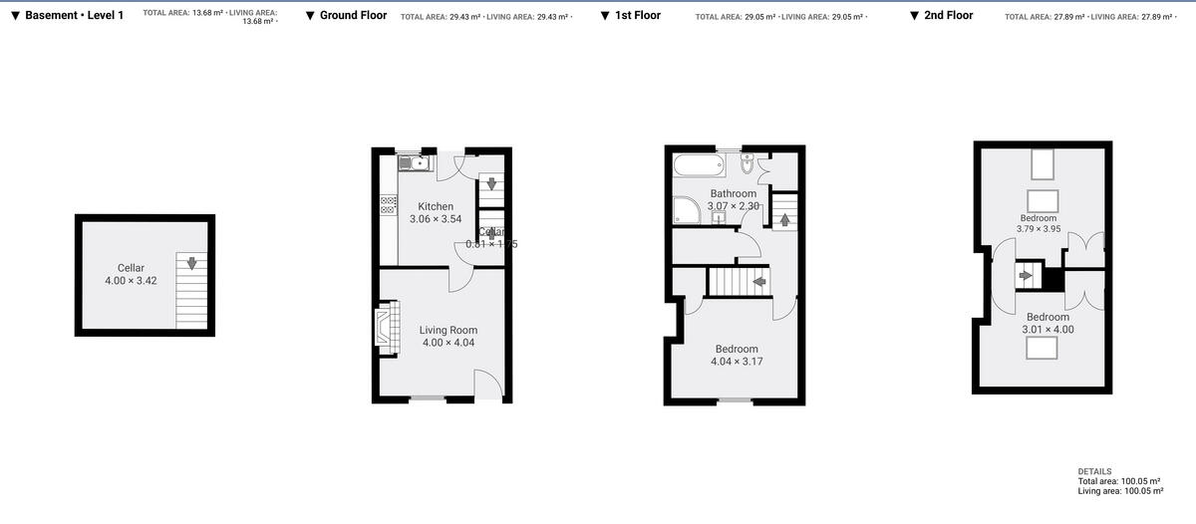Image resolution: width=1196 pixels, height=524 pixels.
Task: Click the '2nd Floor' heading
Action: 948,16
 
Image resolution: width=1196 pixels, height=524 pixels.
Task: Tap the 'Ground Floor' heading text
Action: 353,16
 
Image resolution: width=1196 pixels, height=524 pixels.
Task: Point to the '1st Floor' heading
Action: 637,16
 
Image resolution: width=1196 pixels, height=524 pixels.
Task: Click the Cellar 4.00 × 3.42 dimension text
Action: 131,281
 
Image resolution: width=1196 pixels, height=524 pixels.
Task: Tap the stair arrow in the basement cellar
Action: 192,264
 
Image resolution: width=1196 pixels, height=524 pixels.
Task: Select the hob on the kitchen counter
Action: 388,205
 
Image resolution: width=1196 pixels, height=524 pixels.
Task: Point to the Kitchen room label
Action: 436,207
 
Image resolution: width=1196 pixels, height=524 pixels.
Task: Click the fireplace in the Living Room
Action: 384,328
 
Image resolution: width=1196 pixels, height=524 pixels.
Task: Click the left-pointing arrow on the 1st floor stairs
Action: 759,282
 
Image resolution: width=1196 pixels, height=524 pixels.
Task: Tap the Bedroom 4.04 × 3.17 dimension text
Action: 737,362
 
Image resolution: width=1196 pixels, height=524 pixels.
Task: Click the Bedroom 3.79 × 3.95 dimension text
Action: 1038,229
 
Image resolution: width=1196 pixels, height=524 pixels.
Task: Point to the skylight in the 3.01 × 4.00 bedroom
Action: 1043,348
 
